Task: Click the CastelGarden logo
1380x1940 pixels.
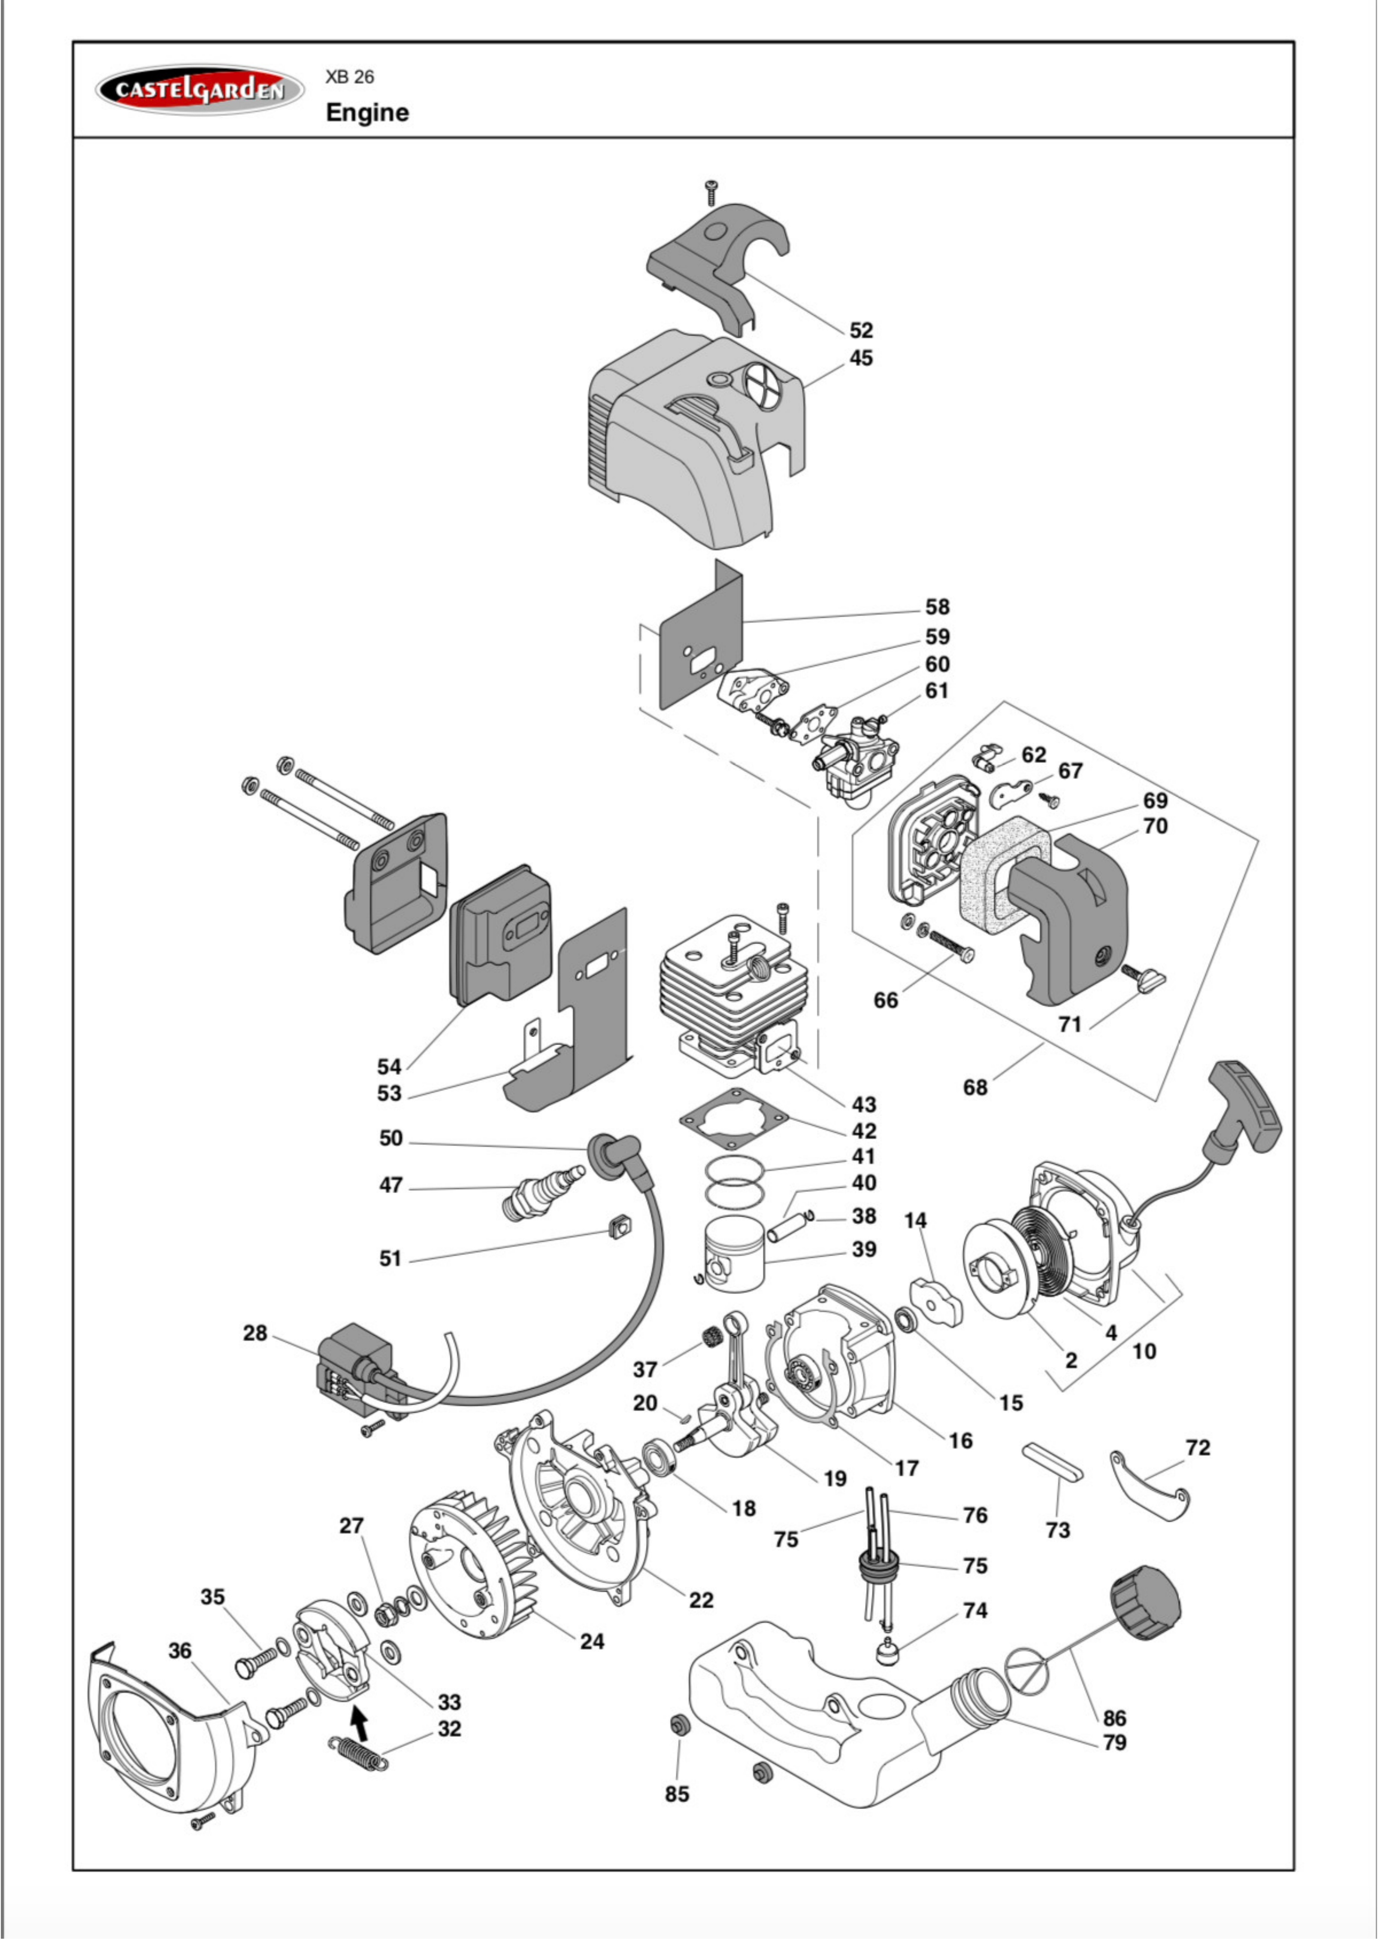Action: tap(200, 90)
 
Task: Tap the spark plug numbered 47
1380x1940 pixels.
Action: tap(544, 1192)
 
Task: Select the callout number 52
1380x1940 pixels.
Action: tap(861, 330)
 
